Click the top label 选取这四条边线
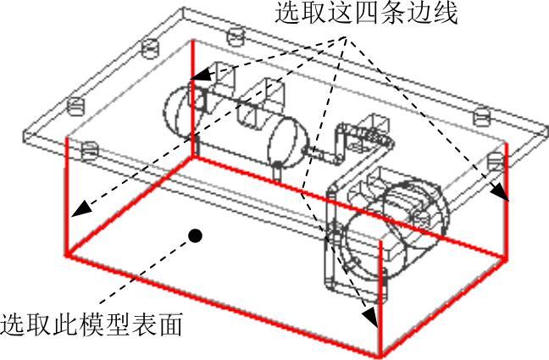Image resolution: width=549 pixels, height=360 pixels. click(x=364, y=14)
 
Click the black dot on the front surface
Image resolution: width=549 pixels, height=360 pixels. click(x=196, y=235)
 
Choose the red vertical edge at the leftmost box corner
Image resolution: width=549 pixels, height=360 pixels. click(x=66, y=199)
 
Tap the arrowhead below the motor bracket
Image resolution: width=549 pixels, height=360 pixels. click(x=369, y=318)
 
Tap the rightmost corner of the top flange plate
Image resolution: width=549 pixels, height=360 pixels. click(x=543, y=126)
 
